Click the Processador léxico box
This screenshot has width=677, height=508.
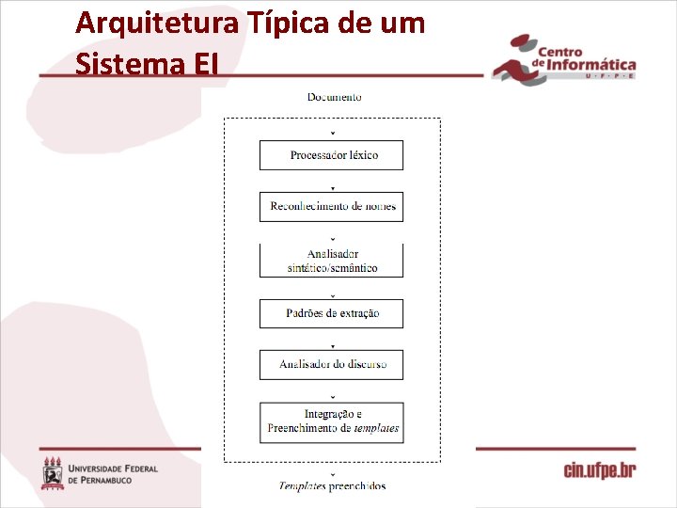pyautogui.click(x=331, y=155)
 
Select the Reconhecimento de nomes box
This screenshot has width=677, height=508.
pyautogui.click(x=331, y=207)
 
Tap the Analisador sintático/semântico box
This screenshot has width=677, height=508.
pyautogui.click(x=331, y=261)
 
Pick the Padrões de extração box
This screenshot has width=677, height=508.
pyautogui.click(x=331, y=313)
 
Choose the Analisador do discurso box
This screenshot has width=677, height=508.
pyautogui.click(x=331, y=365)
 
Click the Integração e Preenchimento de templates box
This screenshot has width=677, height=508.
pyautogui.click(x=331, y=421)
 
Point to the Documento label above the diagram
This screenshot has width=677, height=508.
pyautogui.click(x=334, y=97)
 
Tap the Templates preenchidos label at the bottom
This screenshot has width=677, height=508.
pyautogui.click(x=332, y=486)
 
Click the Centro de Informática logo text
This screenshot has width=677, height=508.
pyautogui.click(x=583, y=59)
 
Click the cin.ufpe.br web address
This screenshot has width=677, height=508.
pyautogui.click(x=600, y=469)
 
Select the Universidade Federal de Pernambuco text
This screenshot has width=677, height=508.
pyautogui.click(x=113, y=474)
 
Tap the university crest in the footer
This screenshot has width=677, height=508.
pyautogui.click(x=53, y=472)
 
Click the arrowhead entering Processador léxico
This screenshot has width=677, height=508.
pyautogui.click(x=332, y=135)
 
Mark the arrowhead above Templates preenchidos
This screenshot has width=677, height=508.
pyautogui.click(x=332, y=474)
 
